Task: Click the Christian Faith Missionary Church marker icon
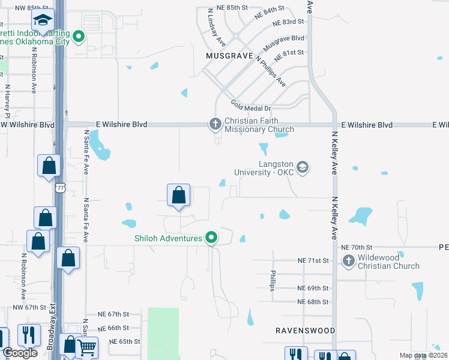tap(215, 124)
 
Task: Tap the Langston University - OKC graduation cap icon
tap(303, 167)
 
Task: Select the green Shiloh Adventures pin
tap(211, 238)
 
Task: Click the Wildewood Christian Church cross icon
tap(348, 260)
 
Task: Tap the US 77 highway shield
tap(59, 188)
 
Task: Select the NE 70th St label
tap(357, 247)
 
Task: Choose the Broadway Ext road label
tap(52, 329)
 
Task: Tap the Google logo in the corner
tap(20, 353)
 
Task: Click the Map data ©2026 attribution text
tap(423, 355)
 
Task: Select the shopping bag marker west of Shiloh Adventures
tap(178, 196)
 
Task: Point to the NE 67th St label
tap(114, 314)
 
